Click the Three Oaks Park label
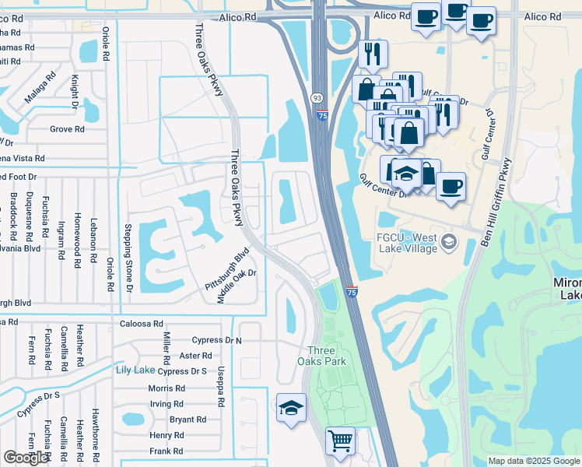pyautogui.click(x=321, y=355)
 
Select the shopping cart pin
pyautogui.click(x=340, y=441)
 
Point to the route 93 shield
pyautogui.click(x=317, y=98)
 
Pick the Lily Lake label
pyautogui.click(x=135, y=369)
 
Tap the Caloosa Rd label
pyautogui.click(x=142, y=323)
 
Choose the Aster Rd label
pyautogui.click(x=190, y=355)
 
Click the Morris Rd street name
pyautogui.click(x=166, y=388)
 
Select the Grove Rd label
pyautogui.click(x=67, y=129)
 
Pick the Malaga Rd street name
pyautogui.click(x=40, y=86)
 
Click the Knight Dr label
pyautogui.click(x=75, y=91)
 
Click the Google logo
pyautogui.click(x=26, y=458)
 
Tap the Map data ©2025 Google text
pyautogui.click(x=533, y=461)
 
